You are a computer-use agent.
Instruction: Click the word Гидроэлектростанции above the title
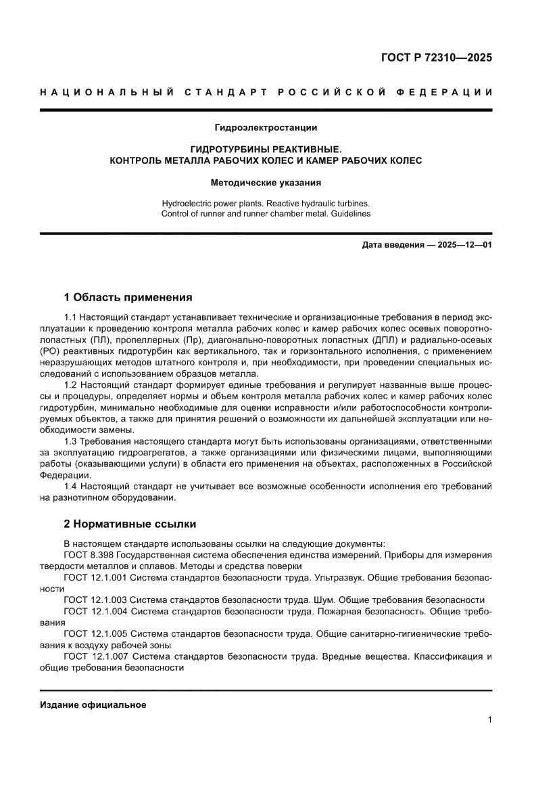[x=266, y=127]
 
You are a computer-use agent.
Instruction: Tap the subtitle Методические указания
[x=266, y=182]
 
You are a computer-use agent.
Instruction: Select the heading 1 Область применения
[x=128, y=297]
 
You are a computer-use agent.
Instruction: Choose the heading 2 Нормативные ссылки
[x=130, y=524]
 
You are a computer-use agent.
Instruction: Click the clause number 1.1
[x=71, y=316]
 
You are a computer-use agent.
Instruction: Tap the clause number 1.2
[x=71, y=385]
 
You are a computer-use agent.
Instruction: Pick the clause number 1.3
[x=71, y=441]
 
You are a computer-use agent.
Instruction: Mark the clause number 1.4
[x=71, y=487]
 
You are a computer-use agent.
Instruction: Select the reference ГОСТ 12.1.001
[x=95, y=578]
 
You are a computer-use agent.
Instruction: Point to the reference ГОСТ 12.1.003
[x=95, y=600]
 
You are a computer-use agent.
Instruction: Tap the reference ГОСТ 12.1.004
[x=95, y=611]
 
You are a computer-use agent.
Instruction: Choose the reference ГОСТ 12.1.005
[x=95, y=633]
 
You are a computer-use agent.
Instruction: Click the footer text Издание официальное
[x=93, y=704]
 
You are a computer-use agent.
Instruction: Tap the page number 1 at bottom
[x=489, y=720]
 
